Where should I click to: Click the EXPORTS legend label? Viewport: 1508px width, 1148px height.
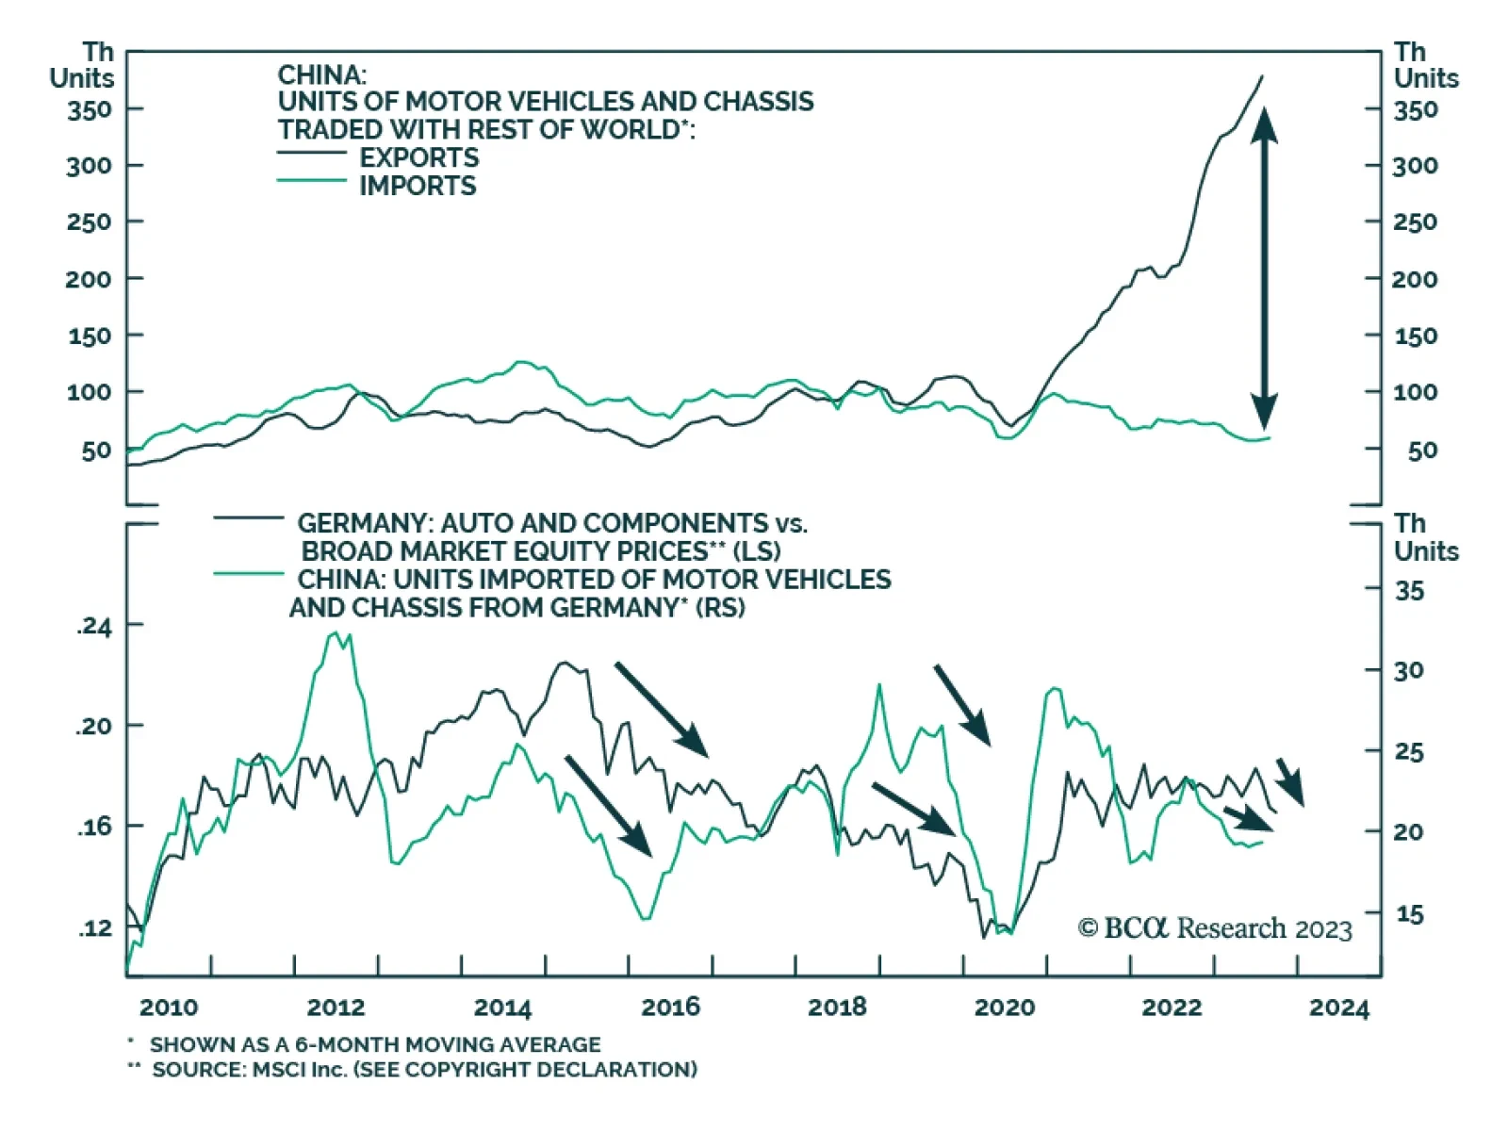pos(418,157)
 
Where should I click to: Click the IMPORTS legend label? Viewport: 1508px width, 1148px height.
pos(418,186)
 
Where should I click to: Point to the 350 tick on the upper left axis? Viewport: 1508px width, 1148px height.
pos(90,110)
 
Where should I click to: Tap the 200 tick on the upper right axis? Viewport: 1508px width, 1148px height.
pos(1415,279)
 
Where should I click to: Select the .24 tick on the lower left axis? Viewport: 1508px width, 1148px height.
pos(94,627)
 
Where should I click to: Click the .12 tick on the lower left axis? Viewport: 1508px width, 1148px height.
pos(94,928)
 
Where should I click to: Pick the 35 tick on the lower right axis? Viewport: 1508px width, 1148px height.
pos(1409,591)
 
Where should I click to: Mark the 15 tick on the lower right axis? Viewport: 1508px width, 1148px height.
pos(1409,913)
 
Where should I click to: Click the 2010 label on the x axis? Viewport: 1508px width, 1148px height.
pos(169,1008)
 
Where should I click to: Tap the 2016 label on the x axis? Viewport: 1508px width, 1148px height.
pos(670,1008)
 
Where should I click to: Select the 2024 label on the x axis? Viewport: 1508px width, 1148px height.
pos(1338,1008)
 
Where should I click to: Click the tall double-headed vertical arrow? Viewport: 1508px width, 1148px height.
pos(1264,269)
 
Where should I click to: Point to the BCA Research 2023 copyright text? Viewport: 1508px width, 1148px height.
pos(1215,928)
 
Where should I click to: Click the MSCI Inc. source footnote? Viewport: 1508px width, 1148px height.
pos(424,1070)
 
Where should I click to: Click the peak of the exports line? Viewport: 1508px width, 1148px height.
pos(1263,77)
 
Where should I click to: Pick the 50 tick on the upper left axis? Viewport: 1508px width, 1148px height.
pos(96,451)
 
